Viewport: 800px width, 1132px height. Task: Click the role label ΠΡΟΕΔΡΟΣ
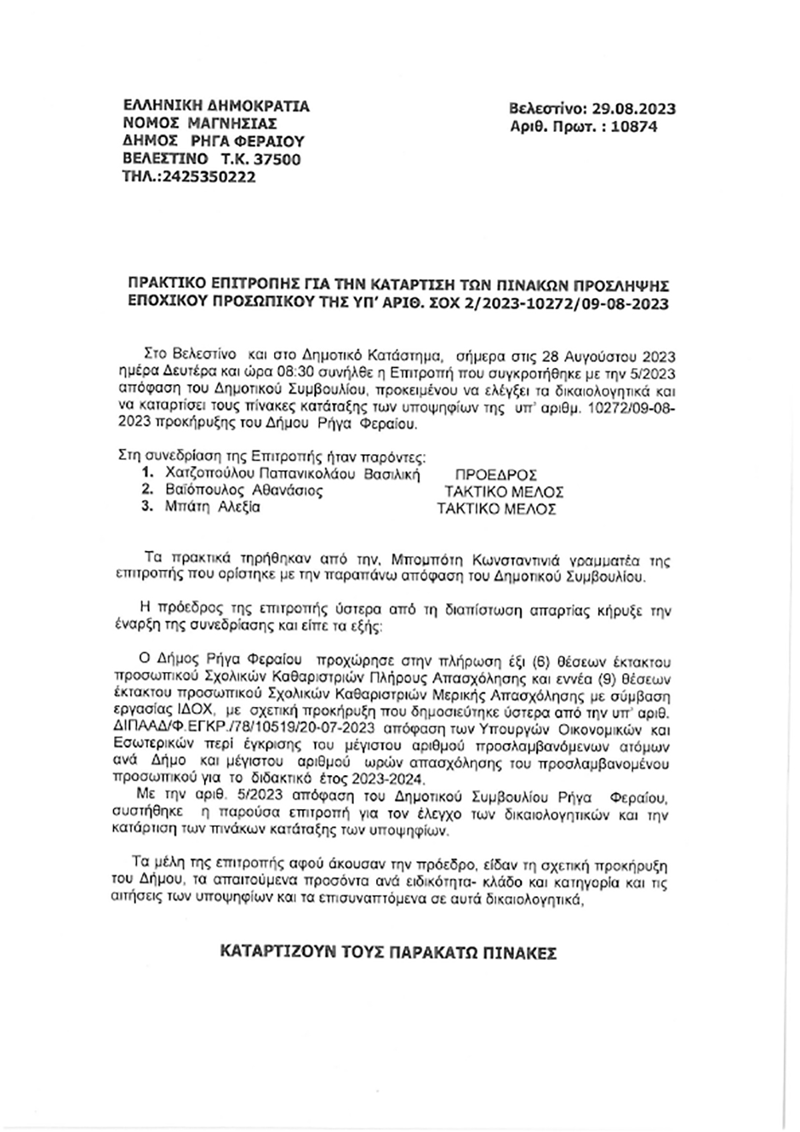(x=495, y=475)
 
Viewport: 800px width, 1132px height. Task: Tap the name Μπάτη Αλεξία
(x=213, y=507)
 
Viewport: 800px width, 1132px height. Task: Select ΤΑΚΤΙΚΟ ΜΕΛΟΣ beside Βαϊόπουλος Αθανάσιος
(x=504, y=492)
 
